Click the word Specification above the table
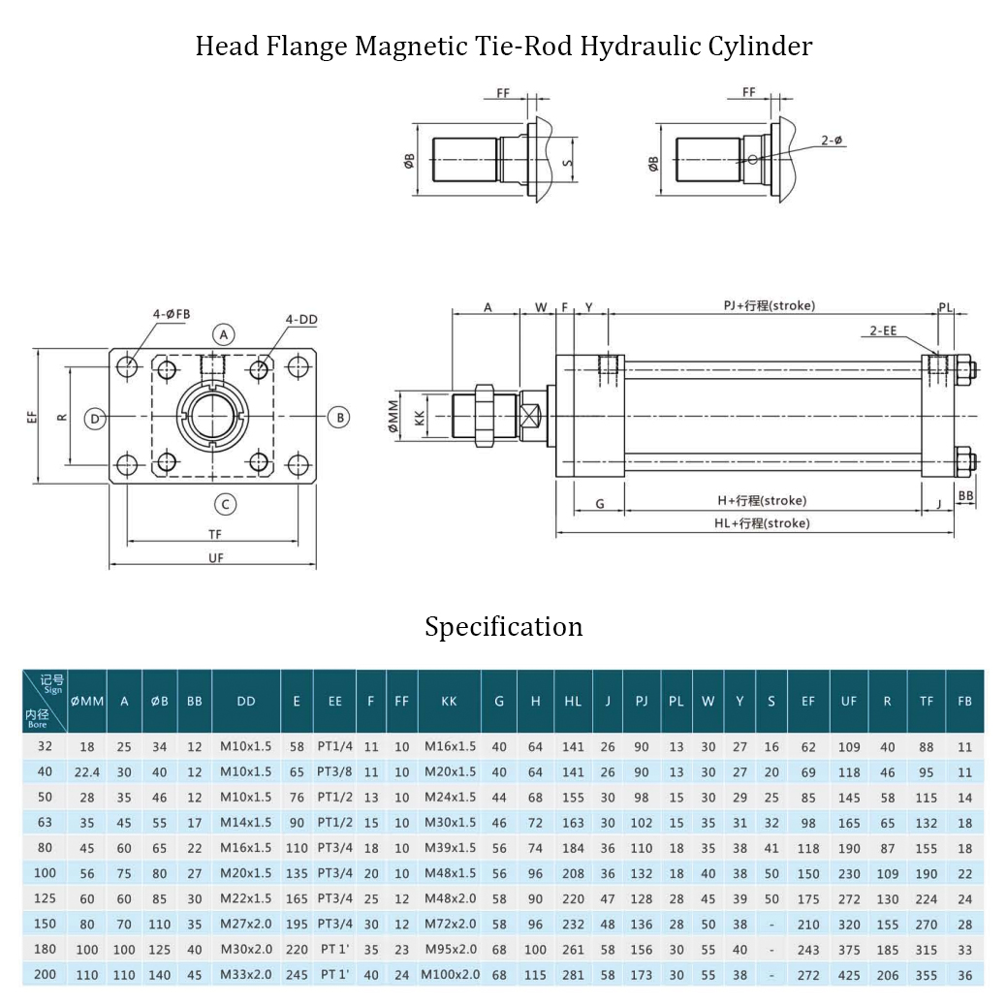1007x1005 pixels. tap(503, 627)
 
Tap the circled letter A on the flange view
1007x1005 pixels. tap(225, 335)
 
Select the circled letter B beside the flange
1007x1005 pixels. tap(337, 418)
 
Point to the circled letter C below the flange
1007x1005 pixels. tap(225, 504)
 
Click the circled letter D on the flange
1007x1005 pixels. tap(94, 419)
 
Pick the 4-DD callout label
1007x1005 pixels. tap(299, 319)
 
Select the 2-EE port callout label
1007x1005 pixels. tap(883, 330)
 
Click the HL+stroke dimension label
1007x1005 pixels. tap(761, 523)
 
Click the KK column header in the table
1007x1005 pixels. tap(449, 701)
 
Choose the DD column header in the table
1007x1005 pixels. tap(245, 701)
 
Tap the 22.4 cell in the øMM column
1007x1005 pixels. tap(87, 772)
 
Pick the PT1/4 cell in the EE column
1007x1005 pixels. tap(334, 747)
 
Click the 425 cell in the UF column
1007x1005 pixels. tap(849, 975)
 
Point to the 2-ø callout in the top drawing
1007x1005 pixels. tap(832, 141)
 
